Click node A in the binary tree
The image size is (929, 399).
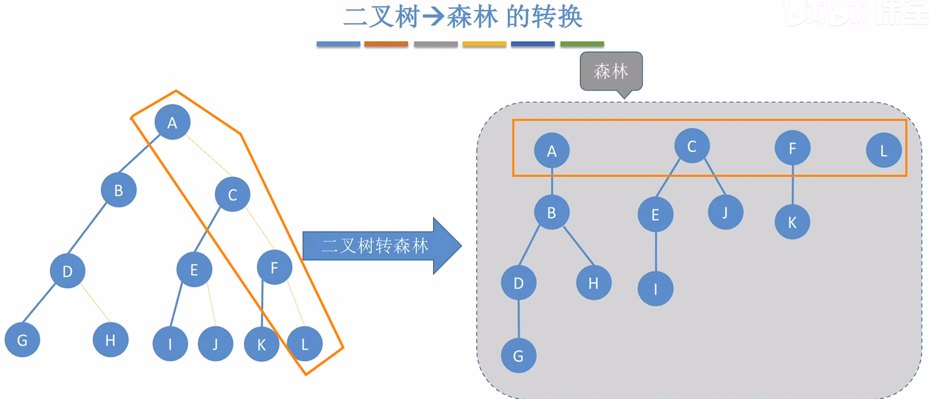(x=172, y=122)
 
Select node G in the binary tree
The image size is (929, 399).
(x=22, y=340)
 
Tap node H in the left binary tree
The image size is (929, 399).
(x=110, y=340)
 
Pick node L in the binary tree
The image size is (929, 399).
(x=304, y=344)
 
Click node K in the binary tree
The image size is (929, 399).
(x=261, y=345)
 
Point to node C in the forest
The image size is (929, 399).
(x=692, y=146)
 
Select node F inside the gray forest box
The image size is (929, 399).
(x=792, y=148)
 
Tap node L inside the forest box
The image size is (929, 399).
(x=883, y=151)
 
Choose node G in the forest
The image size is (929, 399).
(x=518, y=356)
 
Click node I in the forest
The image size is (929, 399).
(x=655, y=289)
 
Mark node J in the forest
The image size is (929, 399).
(x=725, y=213)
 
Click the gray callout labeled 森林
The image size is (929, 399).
(x=611, y=72)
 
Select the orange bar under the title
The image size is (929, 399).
(x=386, y=44)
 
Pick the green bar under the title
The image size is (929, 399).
(x=582, y=44)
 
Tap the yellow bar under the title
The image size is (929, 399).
(x=484, y=44)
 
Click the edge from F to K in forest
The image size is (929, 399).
(x=793, y=185)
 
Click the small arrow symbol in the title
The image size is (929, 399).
(x=433, y=17)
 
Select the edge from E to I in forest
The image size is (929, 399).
(x=656, y=252)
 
